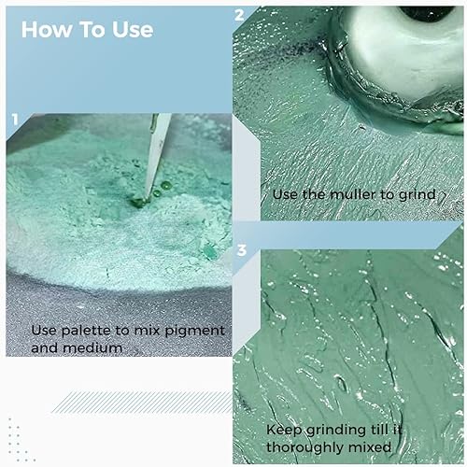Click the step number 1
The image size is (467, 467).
pos(14,120)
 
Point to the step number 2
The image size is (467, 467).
pos(240,15)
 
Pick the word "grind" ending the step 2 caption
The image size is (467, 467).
pos(417,194)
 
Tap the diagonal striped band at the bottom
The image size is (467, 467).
pos(140,402)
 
